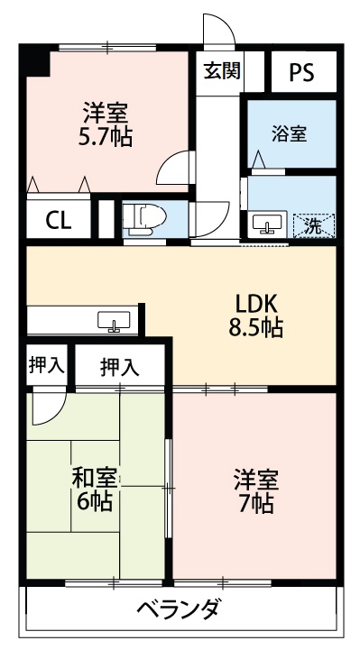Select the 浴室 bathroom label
click(289, 133)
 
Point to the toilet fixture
click(143, 218)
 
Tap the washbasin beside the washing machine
click(266, 224)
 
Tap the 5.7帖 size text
click(106, 138)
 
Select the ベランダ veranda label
click(178, 609)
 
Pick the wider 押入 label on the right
click(120, 366)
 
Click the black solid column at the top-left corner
click(36, 61)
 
